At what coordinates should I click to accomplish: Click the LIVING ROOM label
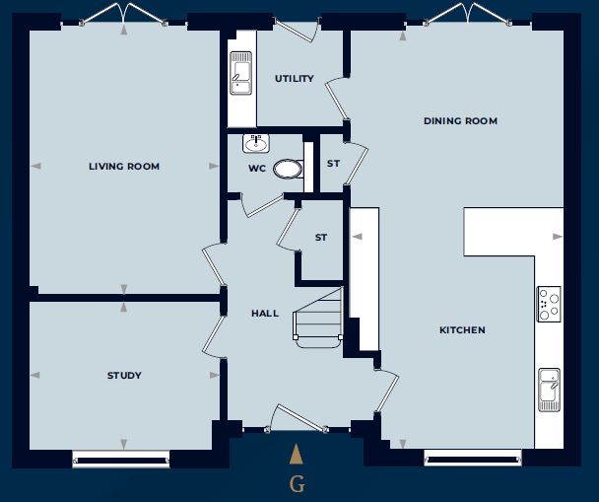tap(124, 167)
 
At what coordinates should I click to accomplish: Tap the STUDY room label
tap(124, 376)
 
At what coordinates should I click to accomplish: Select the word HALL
tap(265, 314)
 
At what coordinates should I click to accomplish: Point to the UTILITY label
tap(295, 78)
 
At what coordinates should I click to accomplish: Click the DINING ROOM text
tap(460, 121)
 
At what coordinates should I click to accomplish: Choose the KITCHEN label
tap(462, 330)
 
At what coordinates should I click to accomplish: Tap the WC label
tap(257, 169)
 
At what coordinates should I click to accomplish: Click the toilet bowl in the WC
tap(288, 169)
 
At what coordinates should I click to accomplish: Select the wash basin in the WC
tap(256, 143)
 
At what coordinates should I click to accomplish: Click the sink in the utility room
tap(241, 73)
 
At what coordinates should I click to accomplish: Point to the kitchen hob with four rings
tap(549, 304)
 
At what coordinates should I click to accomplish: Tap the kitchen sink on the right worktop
tap(550, 390)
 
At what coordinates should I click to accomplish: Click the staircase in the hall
tap(318, 319)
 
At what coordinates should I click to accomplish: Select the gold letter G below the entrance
tap(298, 484)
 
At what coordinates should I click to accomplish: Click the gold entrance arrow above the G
tap(297, 454)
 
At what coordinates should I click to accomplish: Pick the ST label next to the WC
tap(333, 164)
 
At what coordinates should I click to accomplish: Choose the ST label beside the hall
tap(321, 238)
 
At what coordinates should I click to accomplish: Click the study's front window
tap(121, 459)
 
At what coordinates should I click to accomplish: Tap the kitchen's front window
tap(473, 458)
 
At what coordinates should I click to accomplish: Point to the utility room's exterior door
tap(298, 29)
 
